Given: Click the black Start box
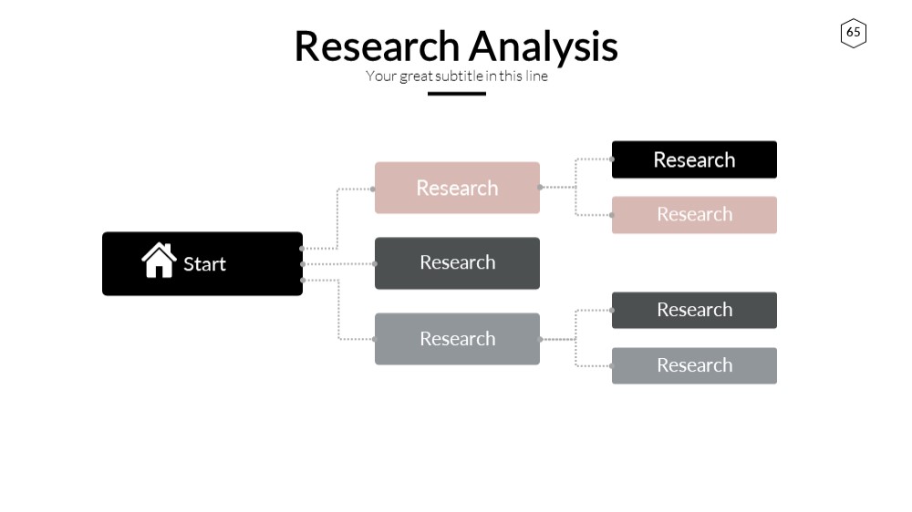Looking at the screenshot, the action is pyautogui.click(x=202, y=264).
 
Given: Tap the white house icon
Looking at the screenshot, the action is pyautogui.click(x=159, y=261).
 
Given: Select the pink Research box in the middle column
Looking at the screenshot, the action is pyautogui.click(x=457, y=188).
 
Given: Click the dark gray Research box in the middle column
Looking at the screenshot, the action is pyautogui.click(x=457, y=263).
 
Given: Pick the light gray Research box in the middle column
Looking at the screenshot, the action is pyautogui.click(x=457, y=339).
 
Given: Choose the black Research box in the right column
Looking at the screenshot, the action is pyautogui.click(x=694, y=159).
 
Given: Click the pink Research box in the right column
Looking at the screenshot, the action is pyautogui.click(x=694, y=215).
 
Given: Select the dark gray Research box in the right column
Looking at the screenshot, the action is pyautogui.click(x=694, y=311).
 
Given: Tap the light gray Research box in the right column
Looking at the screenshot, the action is pyautogui.click(x=694, y=365).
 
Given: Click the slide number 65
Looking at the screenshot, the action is pyautogui.click(x=854, y=33).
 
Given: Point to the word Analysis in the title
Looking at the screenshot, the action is pyautogui.click(x=544, y=47).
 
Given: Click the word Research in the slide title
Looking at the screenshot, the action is pyautogui.click(x=377, y=46).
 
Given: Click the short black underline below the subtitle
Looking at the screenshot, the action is pyautogui.click(x=457, y=94).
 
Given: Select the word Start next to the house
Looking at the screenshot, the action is pyautogui.click(x=204, y=264).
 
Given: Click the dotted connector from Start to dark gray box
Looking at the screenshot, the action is pyautogui.click(x=338, y=264).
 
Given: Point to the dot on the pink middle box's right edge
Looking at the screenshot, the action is pyautogui.click(x=540, y=187).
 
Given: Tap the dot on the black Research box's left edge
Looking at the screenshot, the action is pyautogui.click(x=612, y=159).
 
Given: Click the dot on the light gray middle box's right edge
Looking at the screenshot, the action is pyautogui.click(x=540, y=339).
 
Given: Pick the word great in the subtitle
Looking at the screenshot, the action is pyautogui.click(x=416, y=77).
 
